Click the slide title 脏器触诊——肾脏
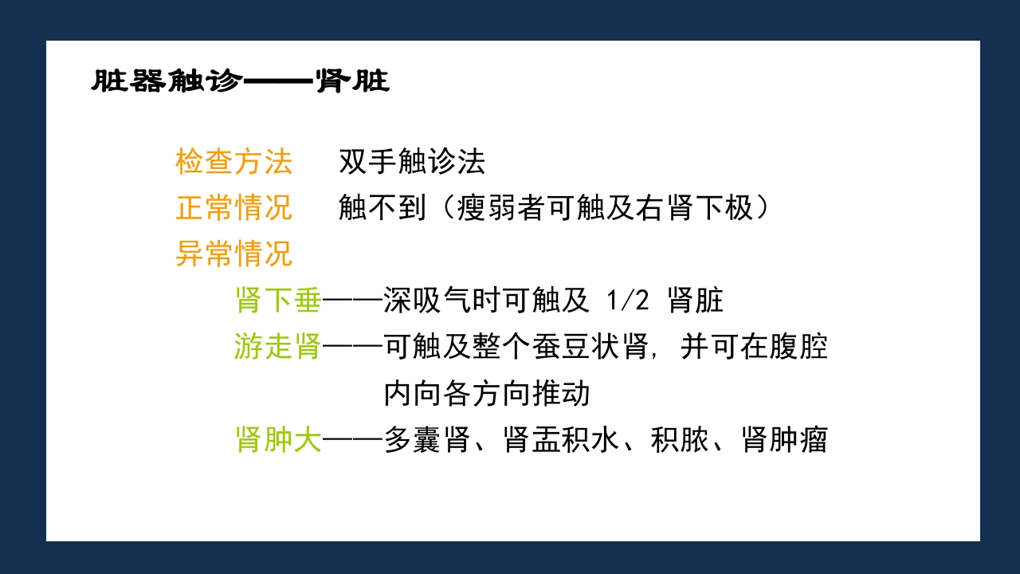coord(240,81)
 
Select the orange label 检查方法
coord(234,163)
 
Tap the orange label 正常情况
coord(234,208)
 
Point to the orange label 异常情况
coord(234,254)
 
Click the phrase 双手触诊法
coord(411,163)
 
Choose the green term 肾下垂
coord(278,301)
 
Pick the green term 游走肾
coord(278,347)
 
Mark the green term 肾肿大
coord(278,439)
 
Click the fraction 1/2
coord(629,301)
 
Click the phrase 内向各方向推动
coord(486,393)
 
